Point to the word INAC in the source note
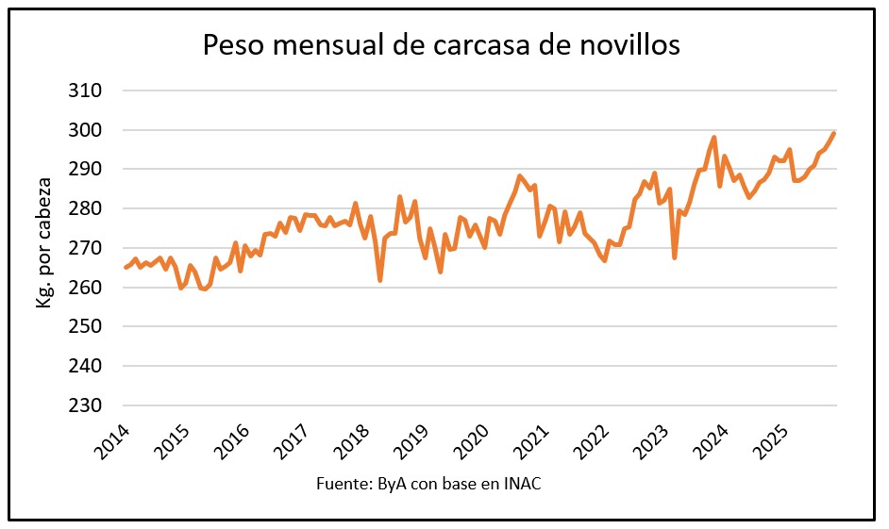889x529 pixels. click(x=521, y=485)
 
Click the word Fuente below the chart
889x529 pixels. click(x=342, y=485)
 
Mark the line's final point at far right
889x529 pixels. click(x=834, y=133)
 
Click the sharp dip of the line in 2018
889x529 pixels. click(x=380, y=280)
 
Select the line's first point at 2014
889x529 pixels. click(x=126, y=268)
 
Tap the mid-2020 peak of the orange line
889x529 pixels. click(x=519, y=176)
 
